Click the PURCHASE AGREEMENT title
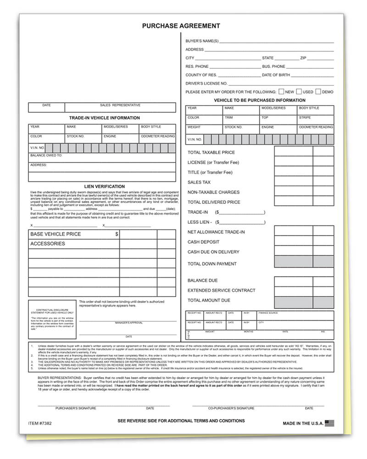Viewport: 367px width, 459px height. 181,26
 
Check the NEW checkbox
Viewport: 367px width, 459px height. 281,91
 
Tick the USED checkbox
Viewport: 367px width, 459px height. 299,91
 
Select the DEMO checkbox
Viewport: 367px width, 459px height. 318,91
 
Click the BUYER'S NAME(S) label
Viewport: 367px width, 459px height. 202,41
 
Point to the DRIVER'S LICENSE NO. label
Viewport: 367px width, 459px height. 206,83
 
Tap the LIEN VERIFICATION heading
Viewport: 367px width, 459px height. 101,186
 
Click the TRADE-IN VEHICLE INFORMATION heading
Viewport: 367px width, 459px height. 101,118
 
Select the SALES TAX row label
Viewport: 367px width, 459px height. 199,182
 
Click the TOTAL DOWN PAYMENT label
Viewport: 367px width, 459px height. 212,264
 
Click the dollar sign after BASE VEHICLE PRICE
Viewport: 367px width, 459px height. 117,234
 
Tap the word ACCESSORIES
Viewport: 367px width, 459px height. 48,244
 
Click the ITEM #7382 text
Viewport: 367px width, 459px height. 40,421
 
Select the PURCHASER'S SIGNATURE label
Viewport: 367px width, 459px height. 75,408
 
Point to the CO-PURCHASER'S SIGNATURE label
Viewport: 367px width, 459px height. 231,408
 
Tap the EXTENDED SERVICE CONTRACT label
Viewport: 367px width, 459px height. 222,291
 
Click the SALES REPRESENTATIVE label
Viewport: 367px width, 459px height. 120,105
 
